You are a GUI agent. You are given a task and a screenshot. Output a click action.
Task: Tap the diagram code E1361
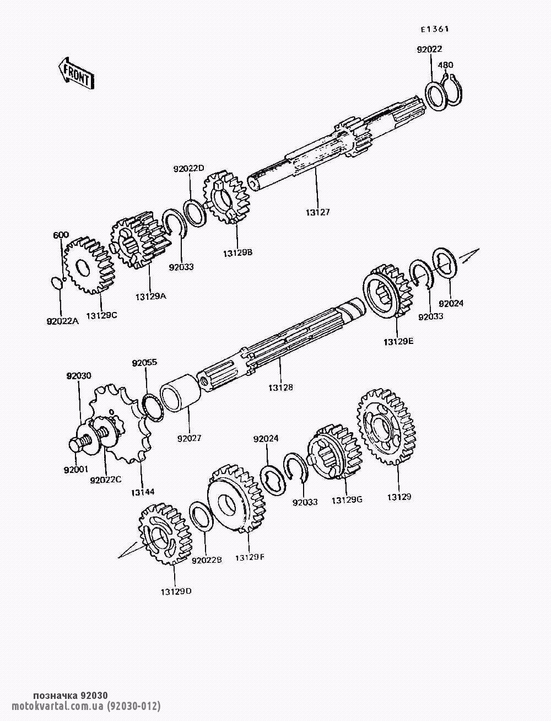pyautogui.click(x=435, y=29)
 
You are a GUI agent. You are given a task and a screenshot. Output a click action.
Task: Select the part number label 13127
pyautogui.click(x=317, y=212)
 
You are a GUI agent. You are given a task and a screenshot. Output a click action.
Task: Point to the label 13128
pyautogui.click(x=280, y=388)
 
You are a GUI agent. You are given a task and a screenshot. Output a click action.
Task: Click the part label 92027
pyautogui.click(x=189, y=438)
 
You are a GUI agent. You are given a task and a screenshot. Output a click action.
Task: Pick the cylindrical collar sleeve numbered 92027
pyautogui.click(x=181, y=393)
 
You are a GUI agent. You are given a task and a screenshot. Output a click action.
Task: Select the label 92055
pyautogui.click(x=144, y=363)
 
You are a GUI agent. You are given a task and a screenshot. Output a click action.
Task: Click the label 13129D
pyautogui.click(x=176, y=591)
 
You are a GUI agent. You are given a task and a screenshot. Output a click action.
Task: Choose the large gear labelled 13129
pyautogui.click(x=386, y=427)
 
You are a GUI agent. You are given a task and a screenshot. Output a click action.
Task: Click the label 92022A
pyautogui.click(x=63, y=321)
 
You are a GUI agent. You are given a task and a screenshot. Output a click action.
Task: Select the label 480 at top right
pyautogui.click(x=445, y=65)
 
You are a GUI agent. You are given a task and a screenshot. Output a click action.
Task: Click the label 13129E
pyautogui.click(x=398, y=342)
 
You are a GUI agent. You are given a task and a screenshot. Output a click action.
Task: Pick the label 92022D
pyautogui.click(x=189, y=169)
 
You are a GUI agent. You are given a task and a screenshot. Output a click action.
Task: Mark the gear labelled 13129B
pyautogui.click(x=226, y=197)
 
